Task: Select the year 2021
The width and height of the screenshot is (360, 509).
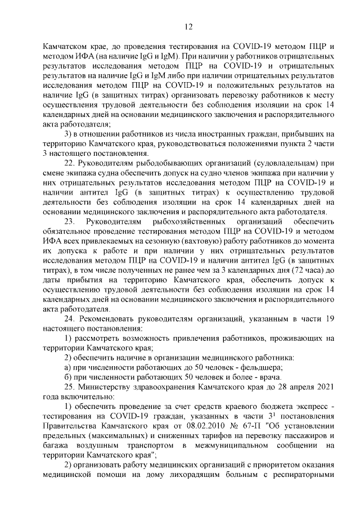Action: pos(326,387)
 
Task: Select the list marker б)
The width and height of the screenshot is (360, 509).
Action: pos(69,377)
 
